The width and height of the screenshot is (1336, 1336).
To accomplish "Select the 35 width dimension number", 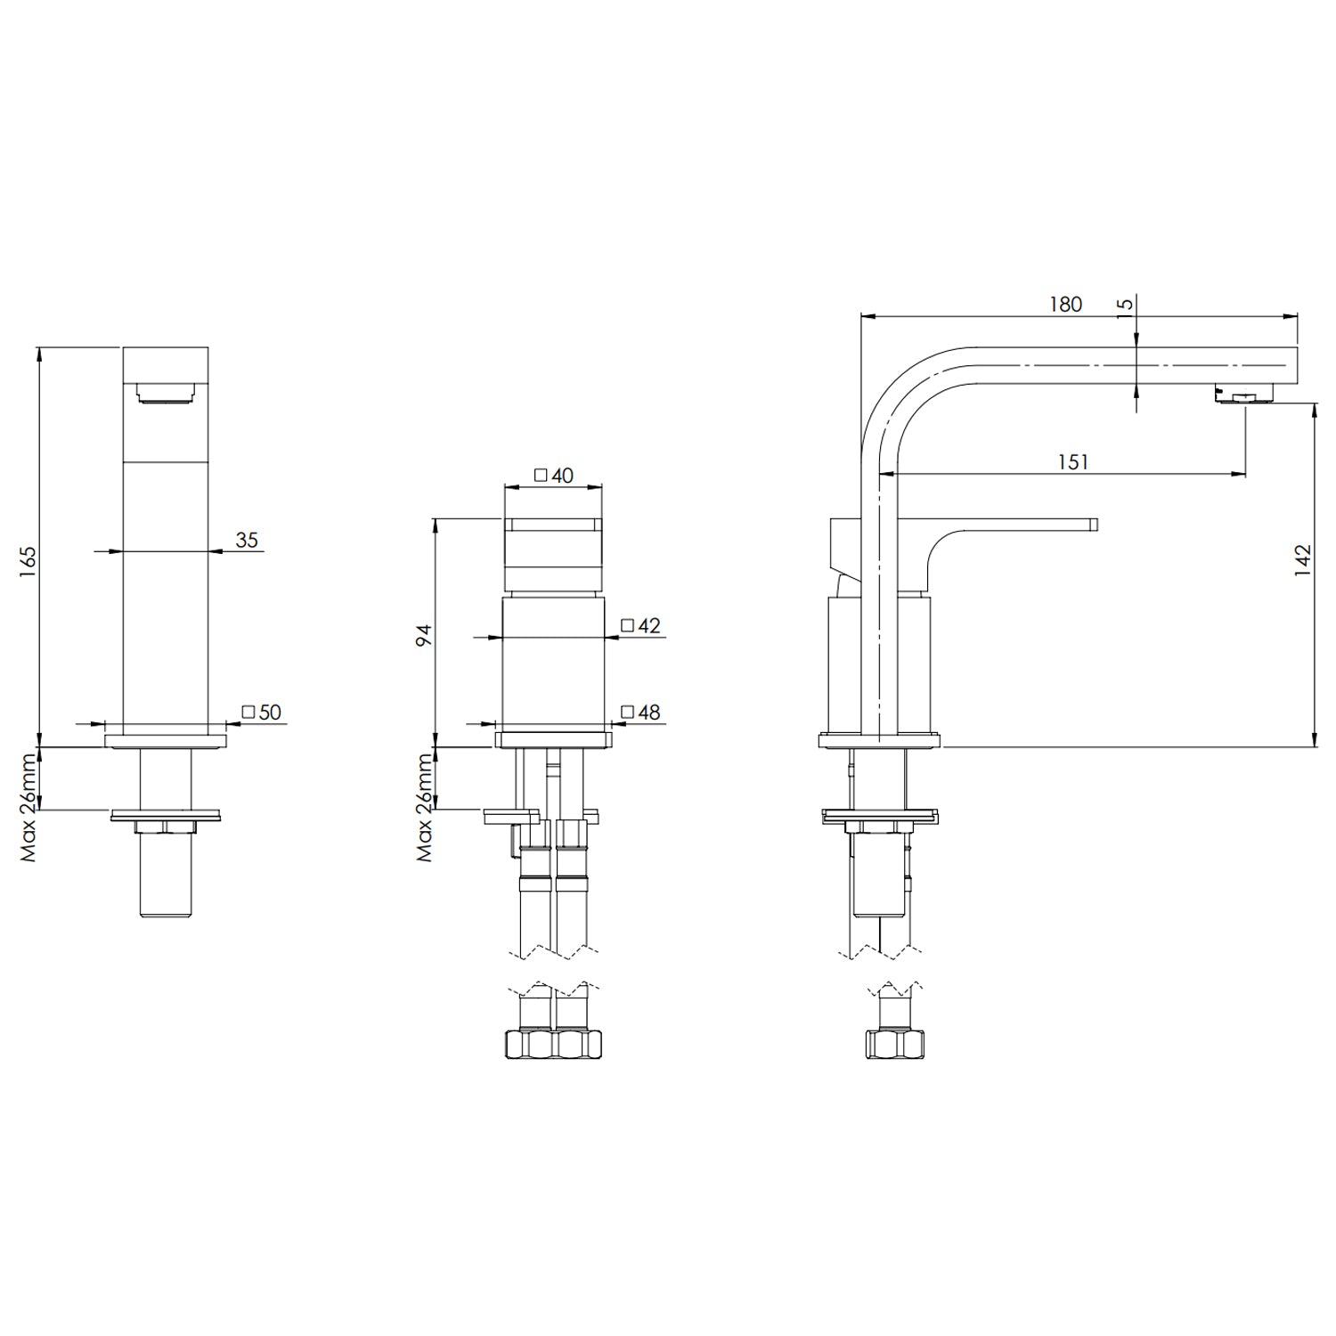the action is (247, 540).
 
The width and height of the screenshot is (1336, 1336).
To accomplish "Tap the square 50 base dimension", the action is (262, 712).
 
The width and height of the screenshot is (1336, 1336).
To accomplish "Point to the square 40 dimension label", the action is (553, 476).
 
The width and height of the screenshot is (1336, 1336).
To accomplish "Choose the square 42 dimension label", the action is (641, 625).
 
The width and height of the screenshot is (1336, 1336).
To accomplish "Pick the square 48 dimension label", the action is (641, 712).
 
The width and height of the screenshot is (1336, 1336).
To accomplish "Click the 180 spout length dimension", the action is (1065, 305).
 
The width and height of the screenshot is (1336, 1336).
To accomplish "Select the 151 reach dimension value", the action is (1072, 462).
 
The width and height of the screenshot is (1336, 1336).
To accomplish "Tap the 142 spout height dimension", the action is (1303, 561).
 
